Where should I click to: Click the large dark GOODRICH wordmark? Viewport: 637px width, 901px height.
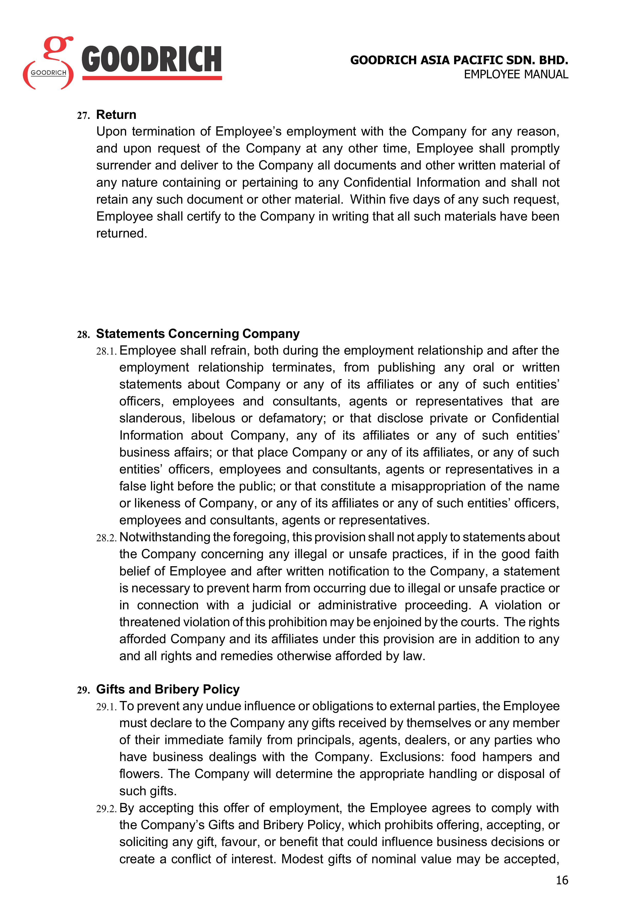click(151, 60)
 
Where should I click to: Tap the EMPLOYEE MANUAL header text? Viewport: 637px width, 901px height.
click(516, 74)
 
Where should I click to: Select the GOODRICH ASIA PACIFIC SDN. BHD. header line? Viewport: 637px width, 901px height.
click(459, 60)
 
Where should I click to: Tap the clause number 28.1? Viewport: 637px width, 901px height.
click(106, 351)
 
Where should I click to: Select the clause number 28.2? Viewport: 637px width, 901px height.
click(106, 538)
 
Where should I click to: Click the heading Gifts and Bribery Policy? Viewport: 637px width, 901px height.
click(168, 689)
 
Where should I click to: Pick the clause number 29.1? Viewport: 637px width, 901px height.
click(106, 707)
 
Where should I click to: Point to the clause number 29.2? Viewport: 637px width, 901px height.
click(106, 809)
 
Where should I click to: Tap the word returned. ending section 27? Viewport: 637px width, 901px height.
click(122, 233)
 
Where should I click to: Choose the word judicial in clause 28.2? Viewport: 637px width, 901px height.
click(271, 605)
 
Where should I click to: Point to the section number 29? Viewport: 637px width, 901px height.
click(83, 690)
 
